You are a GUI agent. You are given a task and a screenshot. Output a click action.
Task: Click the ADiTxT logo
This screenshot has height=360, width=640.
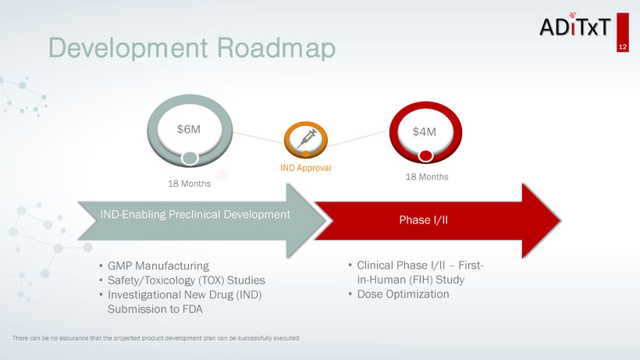click(575, 26)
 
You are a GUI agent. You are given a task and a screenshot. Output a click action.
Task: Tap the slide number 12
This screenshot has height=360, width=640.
click(623, 47)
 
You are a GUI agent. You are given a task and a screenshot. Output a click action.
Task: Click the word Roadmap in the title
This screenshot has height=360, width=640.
click(276, 48)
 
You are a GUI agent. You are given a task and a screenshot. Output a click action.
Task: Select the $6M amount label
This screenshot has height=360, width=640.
click(189, 130)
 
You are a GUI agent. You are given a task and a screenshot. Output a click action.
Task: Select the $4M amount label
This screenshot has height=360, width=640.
click(424, 132)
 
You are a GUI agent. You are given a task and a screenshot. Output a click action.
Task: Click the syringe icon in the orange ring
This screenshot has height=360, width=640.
click(307, 138)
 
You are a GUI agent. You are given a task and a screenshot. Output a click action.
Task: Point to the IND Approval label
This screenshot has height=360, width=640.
click(306, 168)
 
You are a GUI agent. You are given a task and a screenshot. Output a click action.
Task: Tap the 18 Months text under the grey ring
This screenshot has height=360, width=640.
click(190, 184)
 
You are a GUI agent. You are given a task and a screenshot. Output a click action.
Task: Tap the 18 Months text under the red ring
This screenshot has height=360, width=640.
click(427, 176)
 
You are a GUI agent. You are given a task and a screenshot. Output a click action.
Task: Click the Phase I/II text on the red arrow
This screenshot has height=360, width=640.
click(424, 220)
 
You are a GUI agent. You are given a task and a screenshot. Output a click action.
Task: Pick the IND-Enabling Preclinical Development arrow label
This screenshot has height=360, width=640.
click(195, 214)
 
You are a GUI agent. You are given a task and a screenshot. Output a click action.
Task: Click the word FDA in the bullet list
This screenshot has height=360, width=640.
click(193, 309)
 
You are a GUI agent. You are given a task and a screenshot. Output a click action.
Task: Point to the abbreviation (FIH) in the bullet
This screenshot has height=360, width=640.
click(421, 280)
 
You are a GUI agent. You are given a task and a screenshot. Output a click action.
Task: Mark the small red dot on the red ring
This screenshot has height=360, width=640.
click(425, 156)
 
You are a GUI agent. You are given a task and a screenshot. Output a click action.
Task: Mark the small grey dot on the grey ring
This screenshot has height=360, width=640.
click(190, 158)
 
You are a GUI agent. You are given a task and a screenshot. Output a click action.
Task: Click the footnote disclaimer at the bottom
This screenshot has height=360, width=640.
click(156, 338)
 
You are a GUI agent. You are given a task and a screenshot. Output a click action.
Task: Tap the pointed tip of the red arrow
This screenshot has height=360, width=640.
click(560, 220)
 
